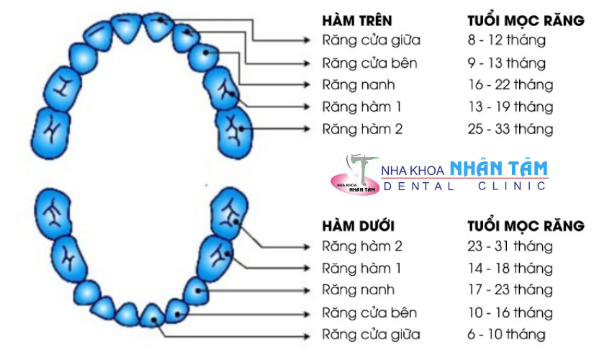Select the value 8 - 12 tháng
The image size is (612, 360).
click(x=506, y=40)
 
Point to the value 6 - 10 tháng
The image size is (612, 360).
click(x=506, y=335)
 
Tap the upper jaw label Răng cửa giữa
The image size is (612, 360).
click(x=372, y=40)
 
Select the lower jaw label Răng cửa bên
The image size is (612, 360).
click(x=369, y=313)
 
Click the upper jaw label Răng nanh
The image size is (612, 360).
click(x=359, y=85)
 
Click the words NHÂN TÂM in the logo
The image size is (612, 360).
click(x=498, y=169)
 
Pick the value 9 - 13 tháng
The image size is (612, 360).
click(x=506, y=63)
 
